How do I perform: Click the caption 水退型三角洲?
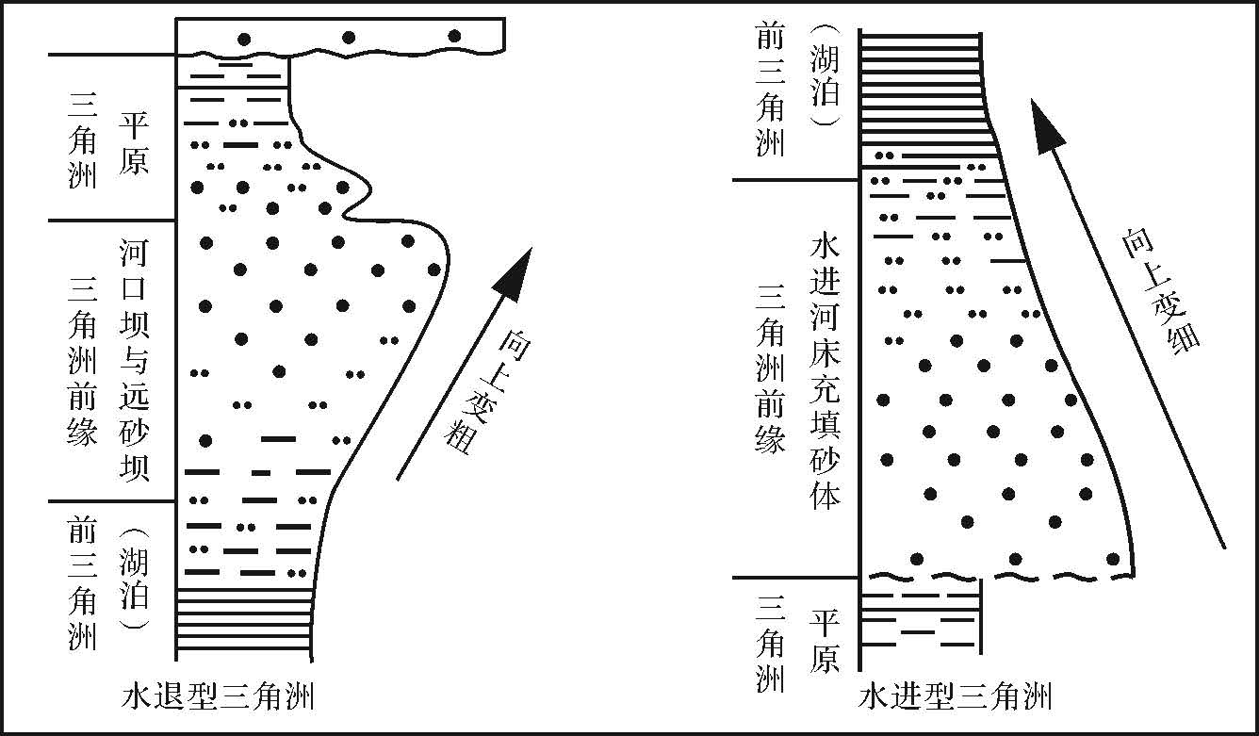(218, 698)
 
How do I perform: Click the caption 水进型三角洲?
(956, 698)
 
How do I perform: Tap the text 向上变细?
(1161, 290)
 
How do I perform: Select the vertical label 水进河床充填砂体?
(825, 372)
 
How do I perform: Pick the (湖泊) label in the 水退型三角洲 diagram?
(135, 577)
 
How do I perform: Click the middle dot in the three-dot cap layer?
(349, 38)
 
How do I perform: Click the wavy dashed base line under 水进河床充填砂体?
(999, 575)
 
